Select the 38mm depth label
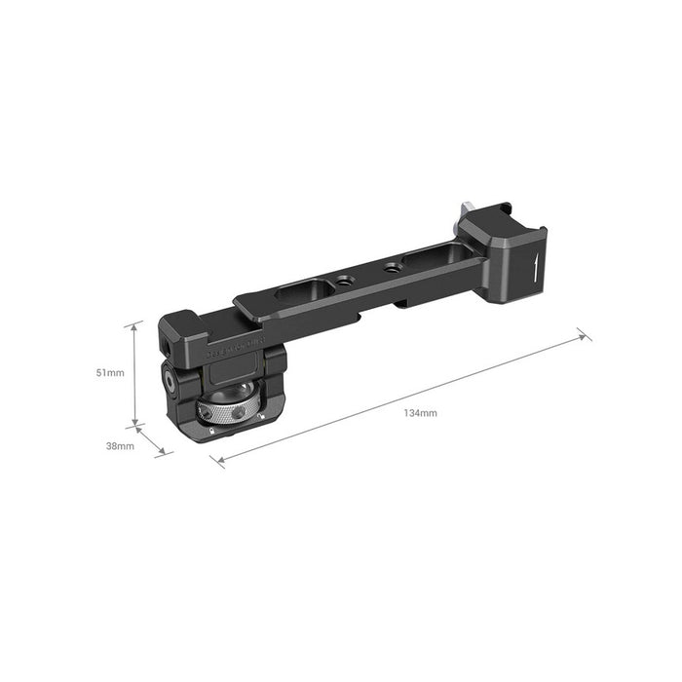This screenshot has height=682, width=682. tap(120, 445)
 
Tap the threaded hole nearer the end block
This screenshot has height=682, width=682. tap(391, 264)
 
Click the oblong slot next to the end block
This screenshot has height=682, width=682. tap(425, 257)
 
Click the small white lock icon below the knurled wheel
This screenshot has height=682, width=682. tap(210, 430)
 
